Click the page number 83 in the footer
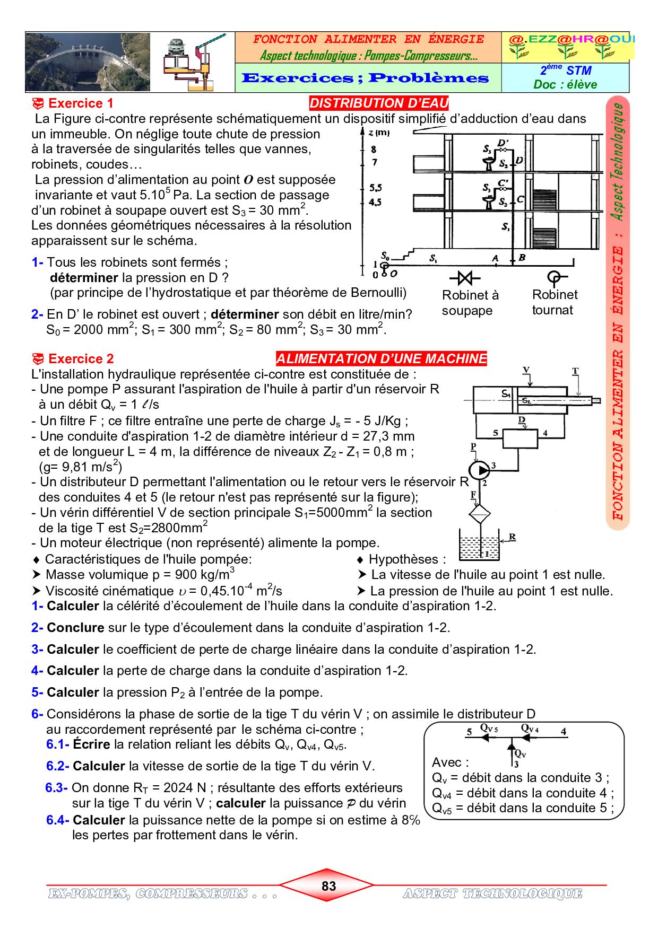(x=328, y=886)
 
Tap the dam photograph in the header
(x=88, y=62)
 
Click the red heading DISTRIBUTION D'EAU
(x=378, y=103)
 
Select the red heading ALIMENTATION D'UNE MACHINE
(x=382, y=359)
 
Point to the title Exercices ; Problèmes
(x=365, y=78)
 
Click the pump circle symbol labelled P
(x=480, y=469)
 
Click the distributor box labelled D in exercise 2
(x=520, y=438)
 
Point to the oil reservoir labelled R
(x=479, y=547)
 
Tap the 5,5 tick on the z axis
(x=376, y=188)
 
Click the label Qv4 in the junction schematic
(x=530, y=729)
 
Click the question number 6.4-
(x=58, y=820)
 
